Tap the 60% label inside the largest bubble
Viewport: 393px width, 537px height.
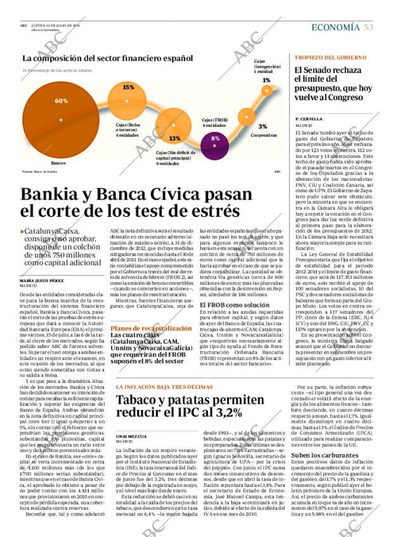tap(61, 101)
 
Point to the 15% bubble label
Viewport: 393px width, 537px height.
tap(128, 87)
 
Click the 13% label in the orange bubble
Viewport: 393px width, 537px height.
tap(174, 138)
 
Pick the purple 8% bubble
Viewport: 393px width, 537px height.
tap(216, 138)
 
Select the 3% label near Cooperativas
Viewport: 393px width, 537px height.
tap(263, 126)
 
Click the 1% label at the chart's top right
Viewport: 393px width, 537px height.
tap(266, 81)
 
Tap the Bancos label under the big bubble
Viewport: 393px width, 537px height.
tap(58, 163)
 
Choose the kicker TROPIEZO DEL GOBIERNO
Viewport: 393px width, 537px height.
tap(330, 58)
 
